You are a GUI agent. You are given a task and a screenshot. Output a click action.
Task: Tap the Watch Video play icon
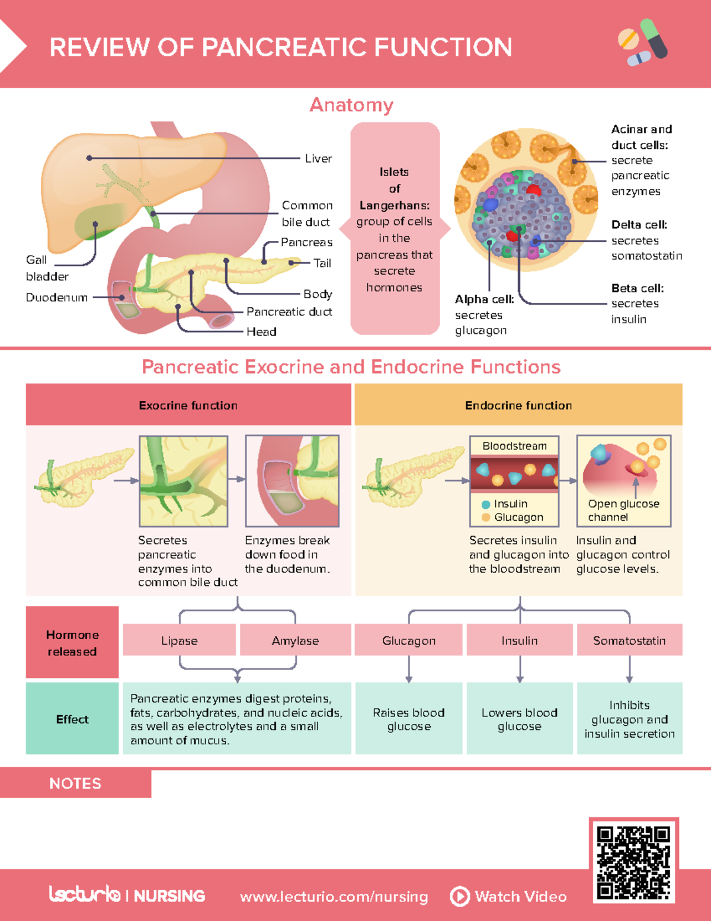click(x=460, y=896)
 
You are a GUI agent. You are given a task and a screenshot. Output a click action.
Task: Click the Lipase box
click(x=179, y=640)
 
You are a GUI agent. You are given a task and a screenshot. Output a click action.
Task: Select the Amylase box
click(x=295, y=640)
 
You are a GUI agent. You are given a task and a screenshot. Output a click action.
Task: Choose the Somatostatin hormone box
click(x=629, y=640)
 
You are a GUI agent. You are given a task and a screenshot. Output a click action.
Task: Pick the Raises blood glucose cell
click(x=408, y=719)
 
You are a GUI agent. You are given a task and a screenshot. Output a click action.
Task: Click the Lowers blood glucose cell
click(x=520, y=719)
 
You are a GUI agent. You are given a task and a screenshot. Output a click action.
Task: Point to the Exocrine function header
click(x=188, y=405)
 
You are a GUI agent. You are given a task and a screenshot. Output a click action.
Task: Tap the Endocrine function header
click(x=518, y=405)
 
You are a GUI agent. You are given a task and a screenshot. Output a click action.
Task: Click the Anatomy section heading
click(x=351, y=105)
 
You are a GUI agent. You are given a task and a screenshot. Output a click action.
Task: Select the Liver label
click(x=318, y=158)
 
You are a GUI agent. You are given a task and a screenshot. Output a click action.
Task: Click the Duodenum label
click(x=56, y=297)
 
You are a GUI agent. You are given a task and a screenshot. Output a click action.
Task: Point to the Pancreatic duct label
click(x=289, y=311)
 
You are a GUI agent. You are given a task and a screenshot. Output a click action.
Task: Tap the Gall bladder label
click(x=46, y=268)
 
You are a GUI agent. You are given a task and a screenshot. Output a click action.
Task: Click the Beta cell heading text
click(x=638, y=288)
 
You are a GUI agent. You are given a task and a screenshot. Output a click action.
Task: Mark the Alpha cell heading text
click(x=484, y=299)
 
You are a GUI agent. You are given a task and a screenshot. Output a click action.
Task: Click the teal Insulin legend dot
click(x=486, y=504)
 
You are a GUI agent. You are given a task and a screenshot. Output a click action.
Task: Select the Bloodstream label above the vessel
click(x=514, y=446)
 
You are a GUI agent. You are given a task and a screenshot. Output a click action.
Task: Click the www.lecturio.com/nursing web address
click(x=334, y=897)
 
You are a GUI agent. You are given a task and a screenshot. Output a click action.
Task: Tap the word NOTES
click(x=75, y=783)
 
